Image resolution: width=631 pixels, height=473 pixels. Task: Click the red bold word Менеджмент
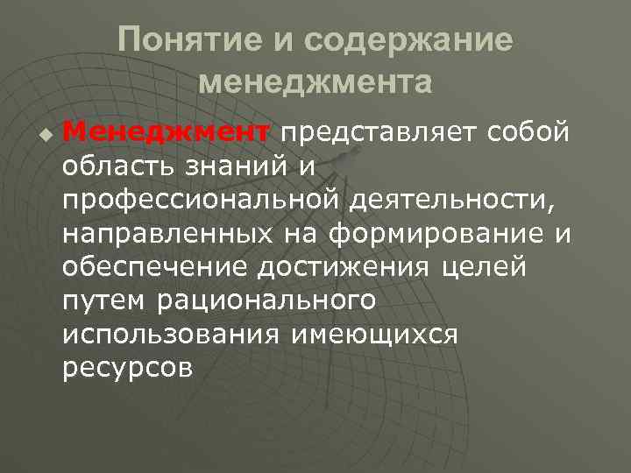(x=167, y=132)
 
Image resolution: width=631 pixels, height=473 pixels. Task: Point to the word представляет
(x=379, y=132)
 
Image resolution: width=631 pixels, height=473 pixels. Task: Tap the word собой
(x=530, y=132)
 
